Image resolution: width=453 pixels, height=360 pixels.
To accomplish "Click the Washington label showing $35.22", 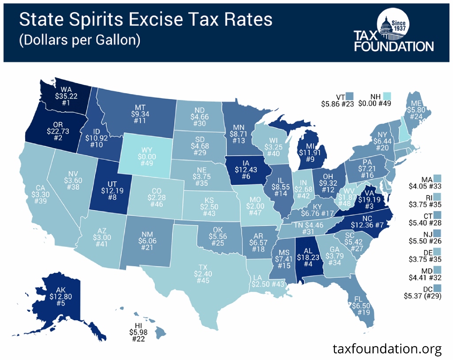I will (64, 95).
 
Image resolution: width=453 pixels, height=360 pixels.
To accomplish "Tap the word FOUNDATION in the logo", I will (393, 46).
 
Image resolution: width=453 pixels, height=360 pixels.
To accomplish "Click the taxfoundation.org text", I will (387, 349).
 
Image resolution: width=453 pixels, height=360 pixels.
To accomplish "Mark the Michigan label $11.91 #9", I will (307, 153).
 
